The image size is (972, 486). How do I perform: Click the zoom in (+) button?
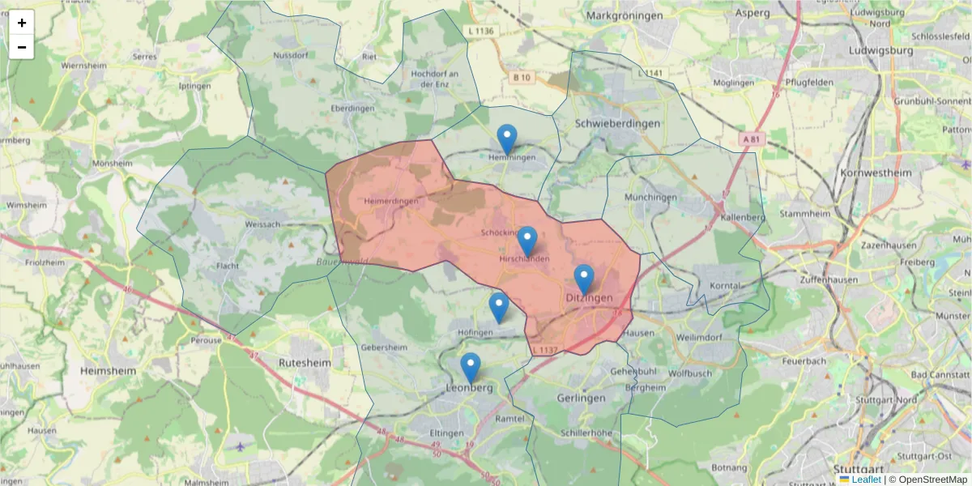22,23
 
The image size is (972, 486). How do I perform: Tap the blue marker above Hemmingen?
507,139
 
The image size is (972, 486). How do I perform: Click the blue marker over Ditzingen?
584,279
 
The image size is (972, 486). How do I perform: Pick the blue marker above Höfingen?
499,308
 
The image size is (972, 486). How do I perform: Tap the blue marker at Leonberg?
471,368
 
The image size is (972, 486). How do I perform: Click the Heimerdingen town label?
391,201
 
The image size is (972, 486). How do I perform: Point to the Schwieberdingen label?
616,123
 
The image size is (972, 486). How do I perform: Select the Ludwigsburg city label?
880,50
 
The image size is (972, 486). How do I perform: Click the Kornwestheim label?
876,173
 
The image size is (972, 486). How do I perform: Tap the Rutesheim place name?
305,363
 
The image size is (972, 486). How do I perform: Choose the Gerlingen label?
582,399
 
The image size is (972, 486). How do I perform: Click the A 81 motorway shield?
752,139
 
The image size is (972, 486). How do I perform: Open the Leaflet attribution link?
866,480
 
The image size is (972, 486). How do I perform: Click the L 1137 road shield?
545,350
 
